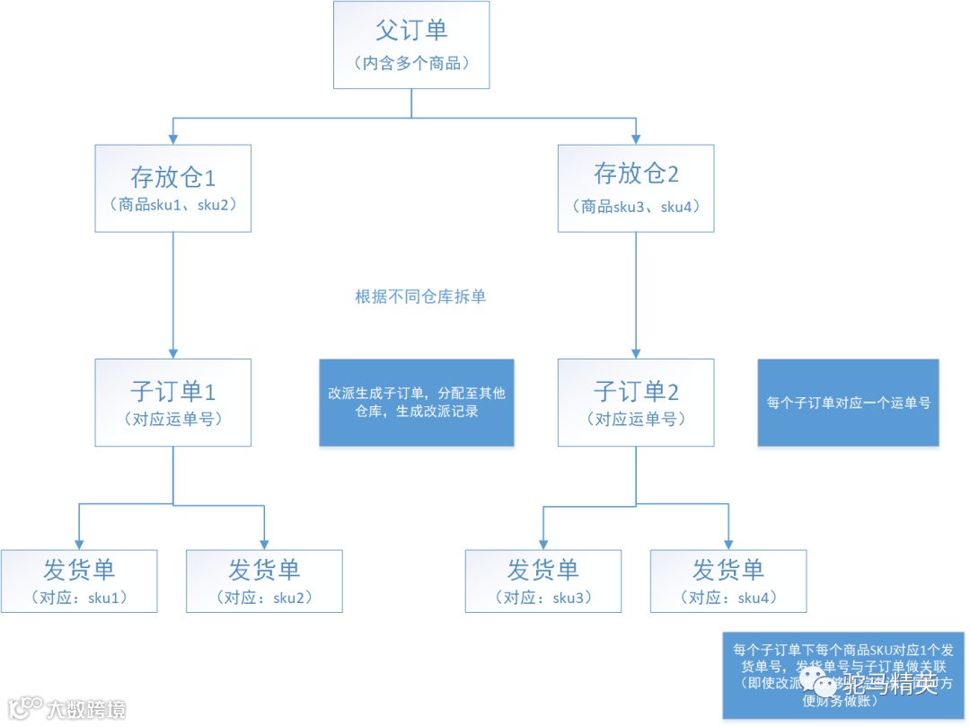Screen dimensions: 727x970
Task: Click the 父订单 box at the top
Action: point(411,45)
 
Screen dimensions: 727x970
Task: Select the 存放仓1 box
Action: point(172,188)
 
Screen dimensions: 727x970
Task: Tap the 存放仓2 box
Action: point(636,188)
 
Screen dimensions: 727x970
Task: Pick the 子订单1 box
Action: point(172,403)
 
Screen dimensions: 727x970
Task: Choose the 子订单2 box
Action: point(636,403)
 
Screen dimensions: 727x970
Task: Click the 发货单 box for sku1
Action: point(79,581)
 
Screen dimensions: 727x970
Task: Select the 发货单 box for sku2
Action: point(264,581)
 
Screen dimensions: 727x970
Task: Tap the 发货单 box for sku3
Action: point(542,581)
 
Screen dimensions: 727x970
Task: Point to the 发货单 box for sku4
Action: point(727,581)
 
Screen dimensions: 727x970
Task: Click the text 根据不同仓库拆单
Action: point(420,297)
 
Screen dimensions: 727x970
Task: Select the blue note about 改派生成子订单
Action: point(417,403)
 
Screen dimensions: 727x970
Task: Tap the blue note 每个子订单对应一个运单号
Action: point(848,403)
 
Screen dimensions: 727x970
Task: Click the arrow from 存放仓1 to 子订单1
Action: point(172,297)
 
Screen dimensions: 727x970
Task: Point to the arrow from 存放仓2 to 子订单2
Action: point(636,297)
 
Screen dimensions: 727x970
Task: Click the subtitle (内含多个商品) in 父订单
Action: point(411,64)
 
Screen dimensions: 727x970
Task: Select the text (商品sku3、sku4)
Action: point(636,207)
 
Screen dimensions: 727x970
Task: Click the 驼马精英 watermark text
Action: point(889,684)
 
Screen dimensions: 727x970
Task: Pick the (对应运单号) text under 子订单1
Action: point(172,419)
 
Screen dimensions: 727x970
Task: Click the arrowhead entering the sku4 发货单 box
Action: point(727,544)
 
